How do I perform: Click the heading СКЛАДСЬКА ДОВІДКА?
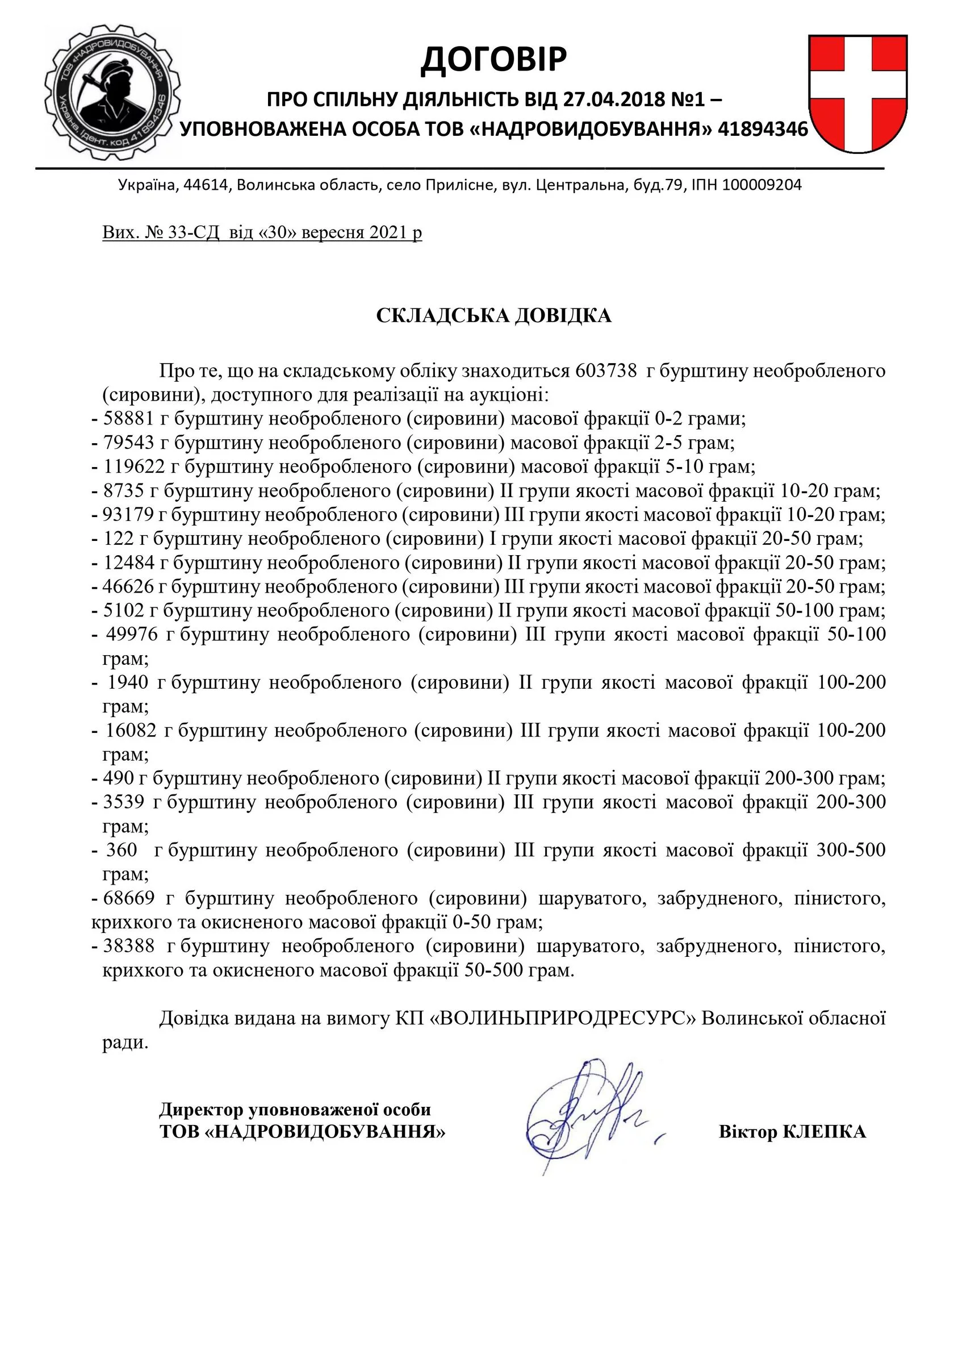[494, 316]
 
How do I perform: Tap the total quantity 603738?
[606, 371]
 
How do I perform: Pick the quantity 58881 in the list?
[129, 419]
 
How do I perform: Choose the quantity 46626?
[128, 587]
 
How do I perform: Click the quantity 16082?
[131, 731]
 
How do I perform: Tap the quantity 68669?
[129, 898]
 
